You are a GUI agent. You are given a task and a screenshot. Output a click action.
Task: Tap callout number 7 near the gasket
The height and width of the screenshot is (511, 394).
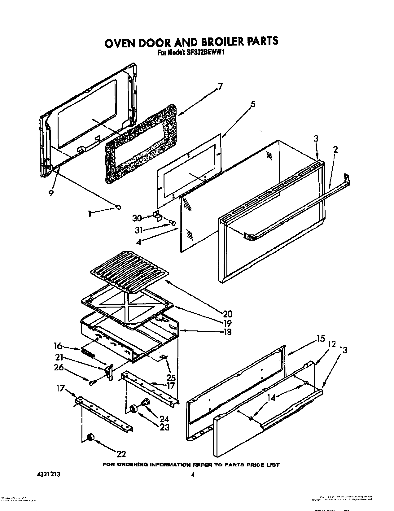220,87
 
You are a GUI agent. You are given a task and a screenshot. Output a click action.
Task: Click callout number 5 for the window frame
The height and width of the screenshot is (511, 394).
253,105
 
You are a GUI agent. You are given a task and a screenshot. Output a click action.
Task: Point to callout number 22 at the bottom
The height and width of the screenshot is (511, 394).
121,454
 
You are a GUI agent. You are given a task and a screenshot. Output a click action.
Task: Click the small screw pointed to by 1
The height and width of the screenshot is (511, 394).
118,207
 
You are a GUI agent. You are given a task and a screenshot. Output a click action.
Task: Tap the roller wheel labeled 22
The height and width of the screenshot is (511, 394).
90,438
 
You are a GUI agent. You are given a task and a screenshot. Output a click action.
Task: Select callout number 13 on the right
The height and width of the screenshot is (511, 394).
344,350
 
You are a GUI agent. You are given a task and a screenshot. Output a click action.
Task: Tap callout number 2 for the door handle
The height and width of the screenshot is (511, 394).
335,150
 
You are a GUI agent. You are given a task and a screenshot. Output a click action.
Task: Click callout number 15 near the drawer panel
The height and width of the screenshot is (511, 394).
321,338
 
